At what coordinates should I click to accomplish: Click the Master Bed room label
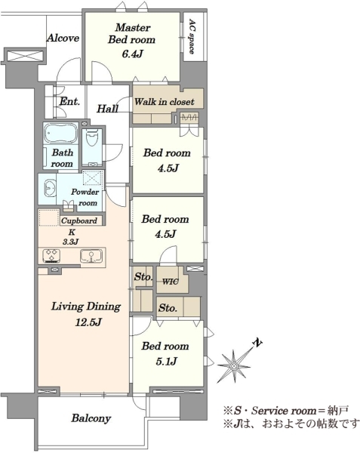131,33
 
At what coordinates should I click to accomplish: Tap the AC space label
192,36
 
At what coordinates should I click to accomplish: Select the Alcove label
63,38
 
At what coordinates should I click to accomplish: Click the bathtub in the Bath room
60,133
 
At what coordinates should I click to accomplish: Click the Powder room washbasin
51,188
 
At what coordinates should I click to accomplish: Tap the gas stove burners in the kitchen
51,255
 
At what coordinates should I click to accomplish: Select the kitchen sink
91,255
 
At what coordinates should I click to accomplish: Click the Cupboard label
79,220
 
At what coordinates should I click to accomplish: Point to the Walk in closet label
164,102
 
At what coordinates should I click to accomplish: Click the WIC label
171,282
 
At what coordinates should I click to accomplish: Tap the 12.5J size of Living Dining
88,322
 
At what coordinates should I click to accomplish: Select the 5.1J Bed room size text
167,361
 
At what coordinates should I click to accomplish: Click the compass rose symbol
235,365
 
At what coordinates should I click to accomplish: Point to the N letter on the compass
257,343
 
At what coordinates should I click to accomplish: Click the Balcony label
91,418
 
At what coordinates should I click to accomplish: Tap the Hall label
107,109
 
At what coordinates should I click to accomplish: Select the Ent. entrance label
69,101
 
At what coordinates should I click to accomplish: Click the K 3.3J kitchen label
70,237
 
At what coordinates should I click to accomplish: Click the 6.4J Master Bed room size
133,54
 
